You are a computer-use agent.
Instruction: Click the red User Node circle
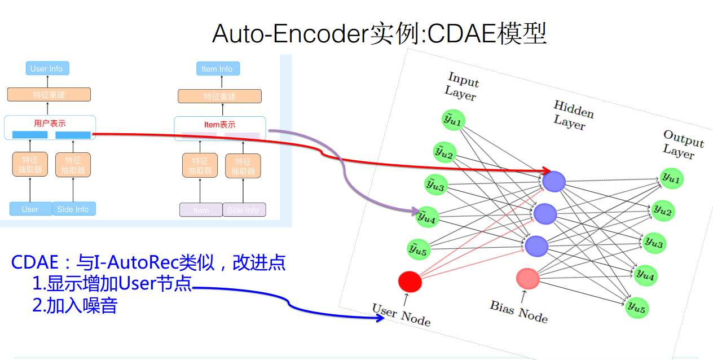tap(410, 281)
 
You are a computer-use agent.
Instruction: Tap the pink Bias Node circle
tap(528, 278)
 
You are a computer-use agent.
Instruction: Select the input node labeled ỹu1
tap(453, 120)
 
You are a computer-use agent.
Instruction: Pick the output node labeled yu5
tap(637, 307)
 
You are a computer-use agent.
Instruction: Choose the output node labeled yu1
tap(671, 179)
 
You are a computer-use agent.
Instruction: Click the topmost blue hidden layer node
tap(553, 181)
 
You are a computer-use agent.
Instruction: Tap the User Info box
tap(47, 69)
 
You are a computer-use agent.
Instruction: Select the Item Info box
tap(217, 69)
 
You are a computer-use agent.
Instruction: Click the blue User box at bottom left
tap(30, 209)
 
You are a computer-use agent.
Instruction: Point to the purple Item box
tap(201, 210)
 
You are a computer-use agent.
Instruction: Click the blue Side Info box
tap(74, 209)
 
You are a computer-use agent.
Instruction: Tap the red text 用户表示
tap(50, 123)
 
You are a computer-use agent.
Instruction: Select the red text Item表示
tap(219, 125)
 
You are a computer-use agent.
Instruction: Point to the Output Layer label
tap(682, 144)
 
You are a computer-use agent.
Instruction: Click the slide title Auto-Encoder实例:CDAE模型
tap(379, 34)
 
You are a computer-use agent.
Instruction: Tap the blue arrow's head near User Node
tap(381, 318)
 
